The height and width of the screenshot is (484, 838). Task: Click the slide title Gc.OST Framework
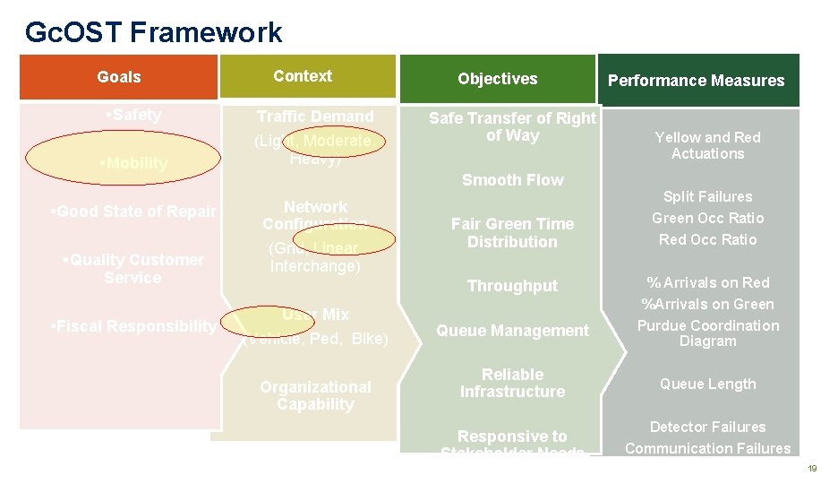click(153, 33)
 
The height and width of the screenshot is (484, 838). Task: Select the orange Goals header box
click(119, 77)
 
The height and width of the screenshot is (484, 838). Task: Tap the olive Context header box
click(303, 76)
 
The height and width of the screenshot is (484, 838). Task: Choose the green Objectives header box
click(497, 79)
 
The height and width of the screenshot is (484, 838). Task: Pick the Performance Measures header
click(696, 81)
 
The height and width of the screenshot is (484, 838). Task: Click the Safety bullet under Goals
click(133, 115)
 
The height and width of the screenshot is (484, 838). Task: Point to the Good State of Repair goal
click(133, 212)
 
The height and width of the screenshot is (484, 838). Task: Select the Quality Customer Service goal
click(133, 269)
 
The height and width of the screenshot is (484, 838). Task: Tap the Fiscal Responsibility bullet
click(133, 326)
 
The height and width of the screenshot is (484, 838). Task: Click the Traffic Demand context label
click(315, 117)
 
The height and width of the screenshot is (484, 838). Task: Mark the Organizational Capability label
click(315, 395)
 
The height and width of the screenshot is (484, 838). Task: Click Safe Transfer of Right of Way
click(512, 126)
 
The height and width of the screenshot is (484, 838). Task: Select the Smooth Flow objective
click(512, 180)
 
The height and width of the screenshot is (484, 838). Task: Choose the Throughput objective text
click(512, 286)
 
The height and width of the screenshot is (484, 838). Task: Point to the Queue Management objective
click(512, 331)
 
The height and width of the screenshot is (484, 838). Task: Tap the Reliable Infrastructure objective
click(512, 383)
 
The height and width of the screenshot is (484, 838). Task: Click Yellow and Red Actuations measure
click(707, 145)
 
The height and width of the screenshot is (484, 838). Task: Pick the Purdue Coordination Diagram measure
click(707, 333)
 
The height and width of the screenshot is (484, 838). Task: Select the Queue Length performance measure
click(707, 385)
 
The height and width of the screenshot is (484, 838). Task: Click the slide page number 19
click(813, 469)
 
